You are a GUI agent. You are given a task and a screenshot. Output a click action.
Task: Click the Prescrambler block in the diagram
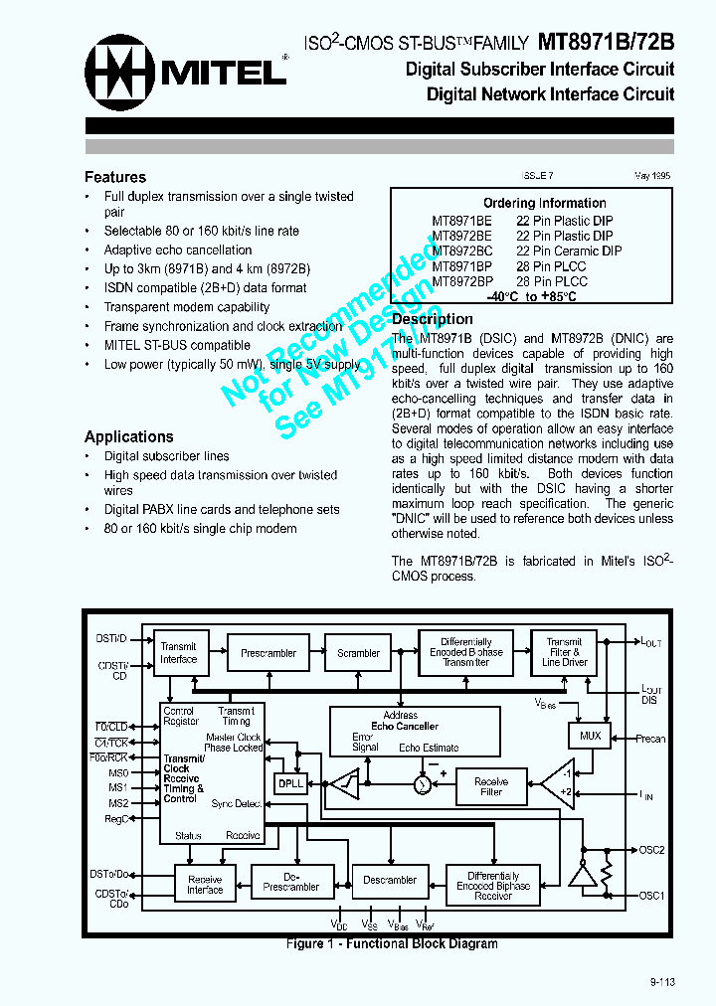point(268,653)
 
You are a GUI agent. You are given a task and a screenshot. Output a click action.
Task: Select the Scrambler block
point(358,653)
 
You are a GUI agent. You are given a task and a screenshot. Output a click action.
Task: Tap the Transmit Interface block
point(179,653)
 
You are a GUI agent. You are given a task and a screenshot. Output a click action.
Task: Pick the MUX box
point(590,737)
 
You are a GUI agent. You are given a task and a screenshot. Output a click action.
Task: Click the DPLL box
point(291,783)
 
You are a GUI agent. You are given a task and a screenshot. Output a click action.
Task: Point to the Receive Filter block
point(491,787)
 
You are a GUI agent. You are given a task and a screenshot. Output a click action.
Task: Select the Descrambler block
point(390,880)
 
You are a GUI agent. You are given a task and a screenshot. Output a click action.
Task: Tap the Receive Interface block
point(205,884)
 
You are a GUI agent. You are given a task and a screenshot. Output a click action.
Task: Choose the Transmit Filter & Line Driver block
point(564,653)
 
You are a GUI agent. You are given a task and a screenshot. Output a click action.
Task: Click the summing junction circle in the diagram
point(421,785)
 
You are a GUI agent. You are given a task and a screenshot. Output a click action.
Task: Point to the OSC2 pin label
point(652,850)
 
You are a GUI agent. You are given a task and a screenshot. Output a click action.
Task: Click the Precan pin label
point(650,739)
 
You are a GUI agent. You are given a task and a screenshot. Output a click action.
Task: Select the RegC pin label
point(117,818)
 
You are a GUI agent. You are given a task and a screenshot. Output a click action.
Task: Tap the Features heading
point(115,177)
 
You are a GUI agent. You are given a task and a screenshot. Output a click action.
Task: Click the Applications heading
point(129,436)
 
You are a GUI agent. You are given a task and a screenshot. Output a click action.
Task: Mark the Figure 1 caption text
point(392,943)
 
